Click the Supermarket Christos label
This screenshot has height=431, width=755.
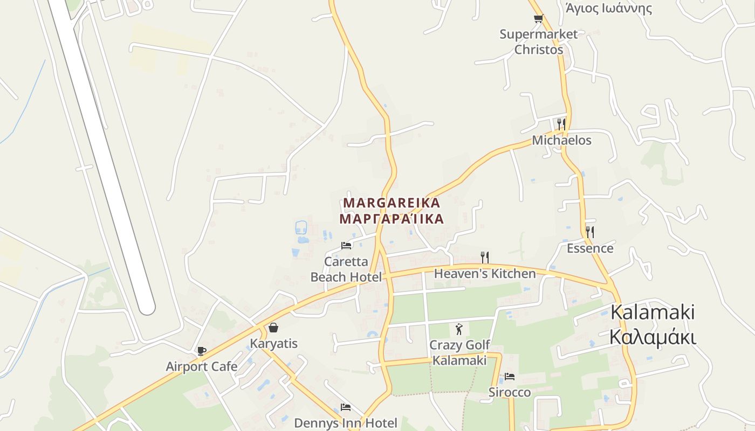[538, 42]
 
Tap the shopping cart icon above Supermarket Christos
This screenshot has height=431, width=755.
[538, 19]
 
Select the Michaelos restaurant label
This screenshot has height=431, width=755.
[561, 141]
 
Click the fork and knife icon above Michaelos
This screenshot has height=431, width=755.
[561, 124]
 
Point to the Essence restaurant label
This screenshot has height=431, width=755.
[590, 248]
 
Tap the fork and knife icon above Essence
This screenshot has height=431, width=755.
[590, 232]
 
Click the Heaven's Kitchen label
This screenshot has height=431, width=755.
[485, 274]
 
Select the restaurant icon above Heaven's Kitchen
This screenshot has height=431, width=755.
[485, 257]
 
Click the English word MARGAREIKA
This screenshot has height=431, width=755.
[392, 203]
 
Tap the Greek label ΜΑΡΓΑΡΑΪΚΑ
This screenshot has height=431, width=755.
[392, 219]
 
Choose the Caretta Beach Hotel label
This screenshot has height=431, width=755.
[346, 269]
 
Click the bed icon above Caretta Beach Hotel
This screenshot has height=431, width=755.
[346, 246]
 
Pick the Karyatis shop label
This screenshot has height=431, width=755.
[273, 344]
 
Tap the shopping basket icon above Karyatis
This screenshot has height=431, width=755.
[273, 328]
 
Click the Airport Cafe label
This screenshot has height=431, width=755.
[201, 367]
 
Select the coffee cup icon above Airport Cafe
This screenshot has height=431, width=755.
[201, 351]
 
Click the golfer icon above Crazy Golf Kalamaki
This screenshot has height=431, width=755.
[459, 329]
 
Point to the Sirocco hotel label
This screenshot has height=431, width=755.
[510, 392]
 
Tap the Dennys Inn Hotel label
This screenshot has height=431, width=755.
[346, 423]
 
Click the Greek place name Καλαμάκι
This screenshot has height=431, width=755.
[653, 338]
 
